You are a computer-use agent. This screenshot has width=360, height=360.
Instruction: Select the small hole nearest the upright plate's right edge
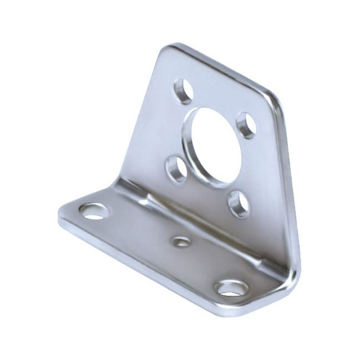point(246,125)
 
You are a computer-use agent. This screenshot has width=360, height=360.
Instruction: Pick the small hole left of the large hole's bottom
point(176,169)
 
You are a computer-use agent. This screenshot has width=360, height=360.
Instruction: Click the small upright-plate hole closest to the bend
point(239,204)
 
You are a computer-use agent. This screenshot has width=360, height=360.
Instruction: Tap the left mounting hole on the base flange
point(94,211)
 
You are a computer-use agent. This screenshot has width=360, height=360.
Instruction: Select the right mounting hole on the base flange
point(232,288)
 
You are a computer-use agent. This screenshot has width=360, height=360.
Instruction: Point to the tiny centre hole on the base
point(181,241)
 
